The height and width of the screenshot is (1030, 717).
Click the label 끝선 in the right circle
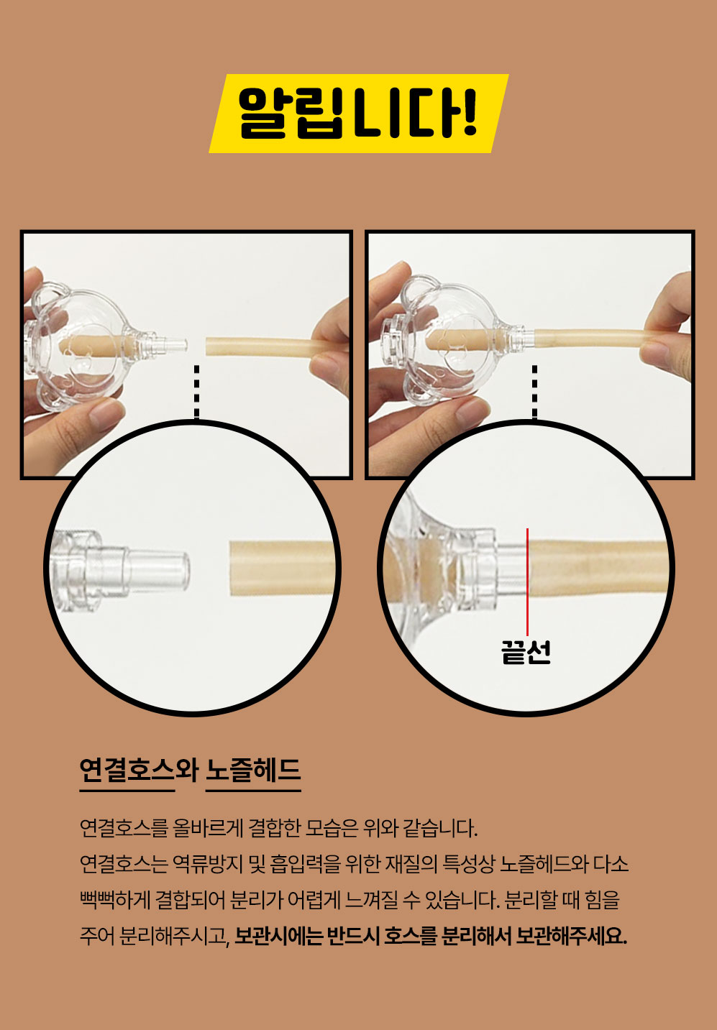526,652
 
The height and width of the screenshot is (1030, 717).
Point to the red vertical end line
527,581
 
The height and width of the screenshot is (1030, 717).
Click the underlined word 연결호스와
139,771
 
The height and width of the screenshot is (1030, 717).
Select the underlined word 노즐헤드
253,771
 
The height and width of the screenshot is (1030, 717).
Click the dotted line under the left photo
197,392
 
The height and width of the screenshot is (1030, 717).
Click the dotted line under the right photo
534,392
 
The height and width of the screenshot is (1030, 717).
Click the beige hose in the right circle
598,569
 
